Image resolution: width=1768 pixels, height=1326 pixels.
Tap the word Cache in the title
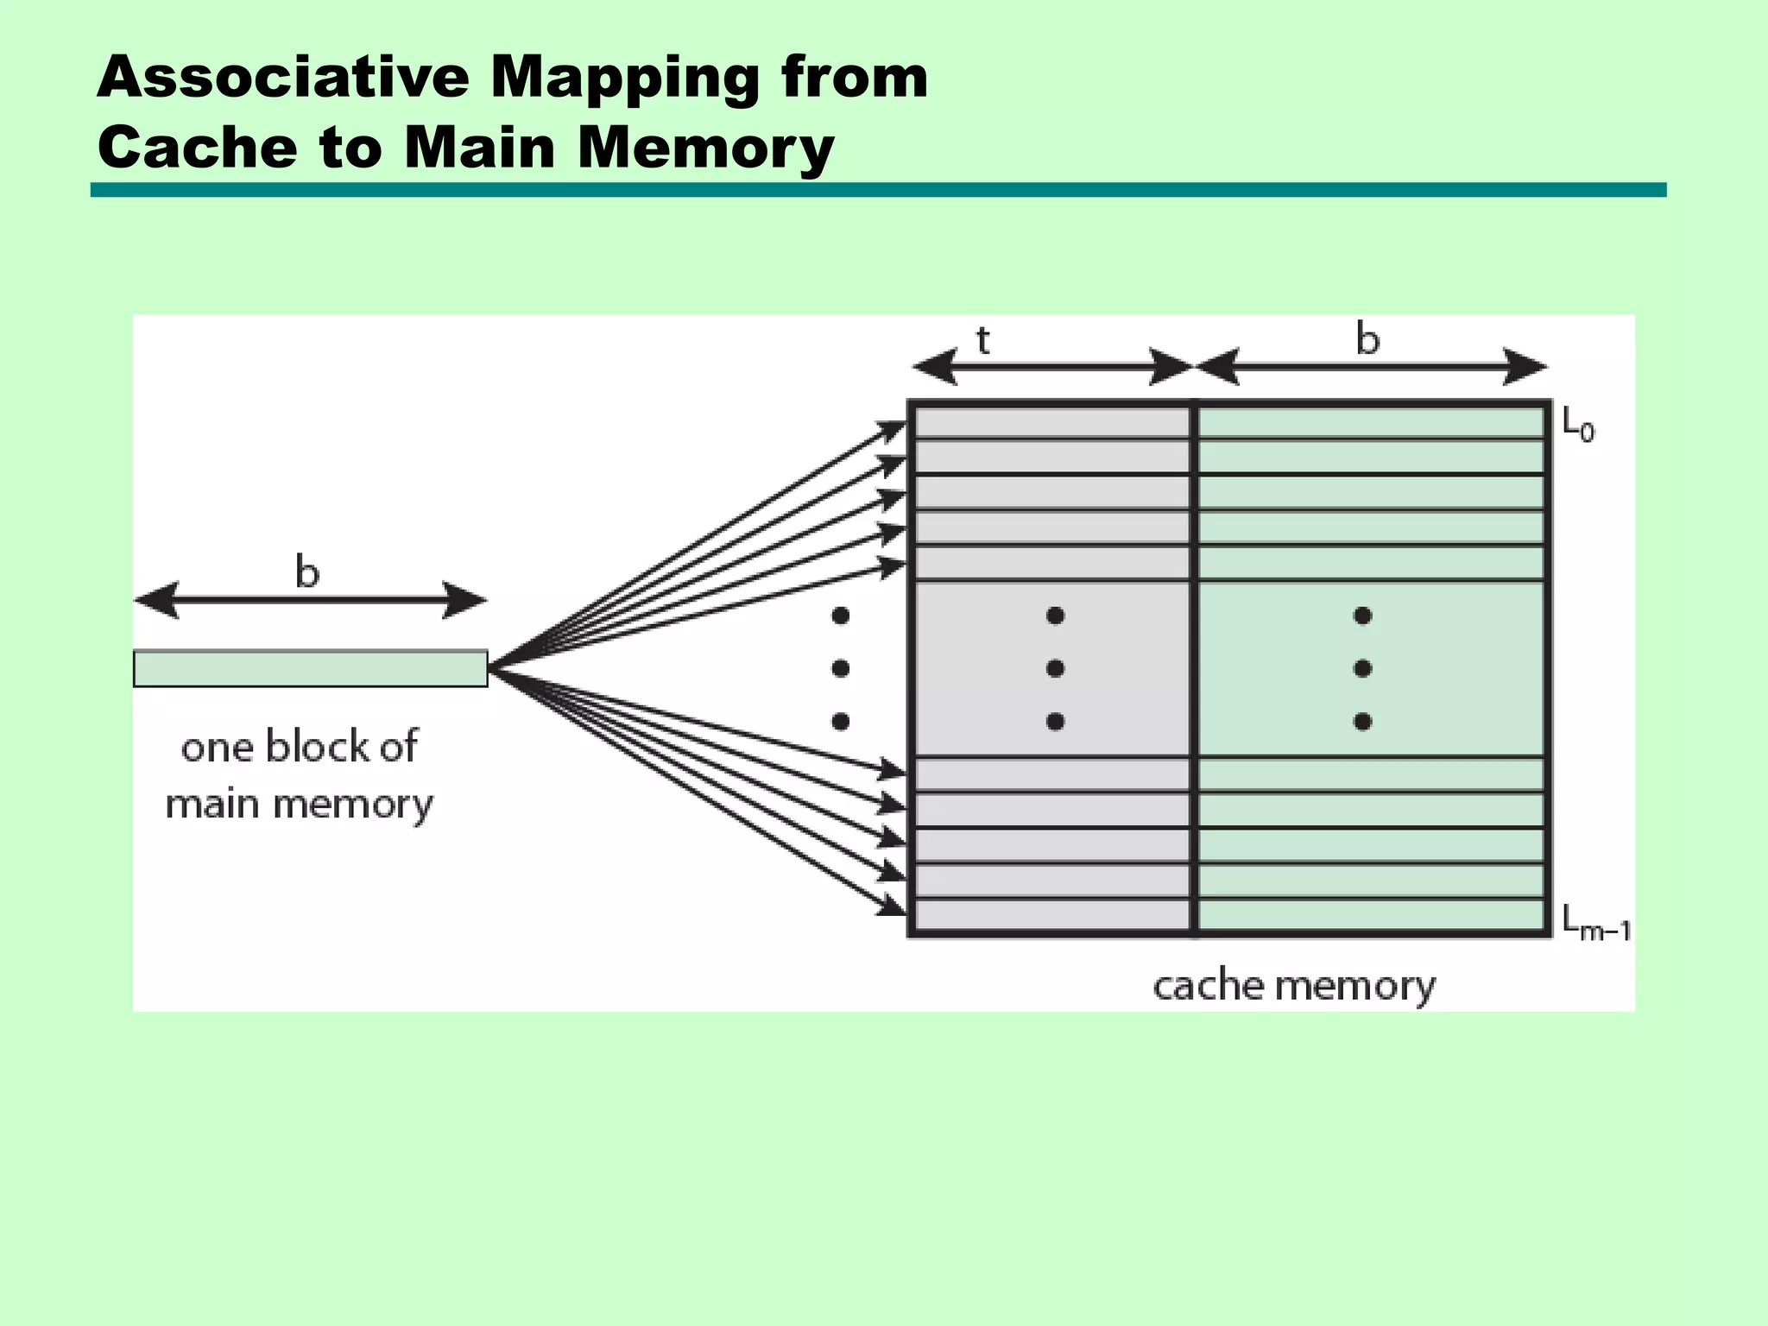click(x=197, y=147)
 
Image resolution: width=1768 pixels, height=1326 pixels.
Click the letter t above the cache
click(x=982, y=341)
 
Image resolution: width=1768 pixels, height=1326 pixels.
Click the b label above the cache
click(x=1367, y=338)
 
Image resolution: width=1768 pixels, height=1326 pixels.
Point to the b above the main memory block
click(x=306, y=571)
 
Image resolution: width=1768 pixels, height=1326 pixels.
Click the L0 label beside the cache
click(x=1578, y=425)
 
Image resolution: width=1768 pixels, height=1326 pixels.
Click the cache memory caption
click(x=1293, y=986)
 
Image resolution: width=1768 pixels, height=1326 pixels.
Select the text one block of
click(x=299, y=747)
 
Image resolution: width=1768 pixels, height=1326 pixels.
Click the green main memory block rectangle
click(x=311, y=669)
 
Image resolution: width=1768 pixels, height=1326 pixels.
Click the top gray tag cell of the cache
click(x=1051, y=423)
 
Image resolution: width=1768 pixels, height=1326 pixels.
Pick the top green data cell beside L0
click(x=1369, y=423)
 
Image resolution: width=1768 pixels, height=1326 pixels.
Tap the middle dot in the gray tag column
click(x=1054, y=668)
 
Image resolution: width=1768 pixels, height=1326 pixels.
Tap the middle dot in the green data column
click(x=1362, y=668)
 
